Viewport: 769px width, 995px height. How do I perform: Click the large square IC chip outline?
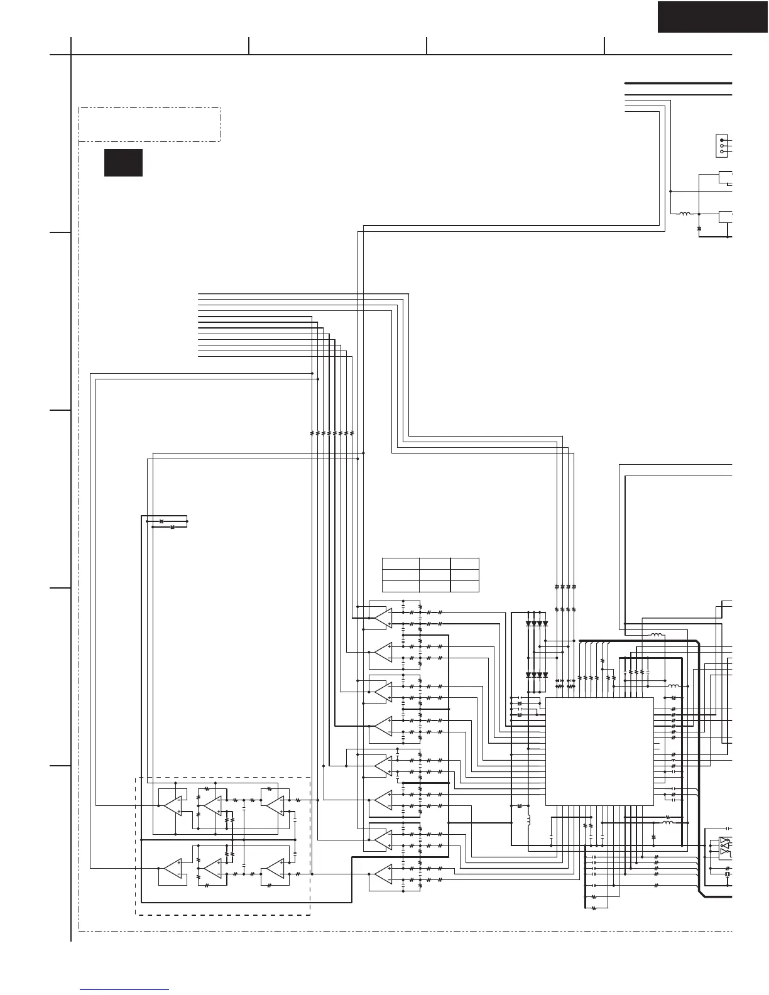pyautogui.click(x=599, y=751)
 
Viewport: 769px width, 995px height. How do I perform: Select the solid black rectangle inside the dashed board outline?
pyautogui.click(x=123, y=163)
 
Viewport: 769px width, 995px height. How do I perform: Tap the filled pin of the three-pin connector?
pyautogui.click(x=723, y=140)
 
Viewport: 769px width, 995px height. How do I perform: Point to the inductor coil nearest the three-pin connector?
pyautogui.click(x=684, y=214)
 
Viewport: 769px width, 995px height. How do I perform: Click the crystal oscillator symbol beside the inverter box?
pyautogui.click(x=728, y=874)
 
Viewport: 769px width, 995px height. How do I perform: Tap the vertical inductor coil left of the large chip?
pyautogui.click(x=528, y=820)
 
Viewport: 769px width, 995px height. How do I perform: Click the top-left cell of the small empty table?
pyautogui.click(x=400, y=563)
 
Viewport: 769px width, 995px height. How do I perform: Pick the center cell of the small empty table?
pyautogui.click(x=435, y=575)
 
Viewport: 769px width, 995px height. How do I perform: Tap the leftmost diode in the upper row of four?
pyautogui.click(x=529, y=624)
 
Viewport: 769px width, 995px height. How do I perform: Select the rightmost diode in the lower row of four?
pyautogui.click(x=545, y=675)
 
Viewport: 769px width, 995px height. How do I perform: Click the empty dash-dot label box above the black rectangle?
pyautogui.click(x=150, y=124)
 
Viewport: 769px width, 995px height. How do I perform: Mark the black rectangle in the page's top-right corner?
pyautogui.click(x=712, y=17)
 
